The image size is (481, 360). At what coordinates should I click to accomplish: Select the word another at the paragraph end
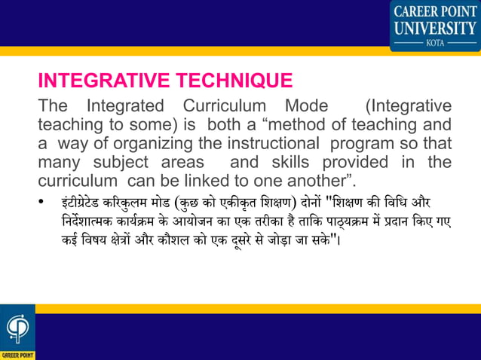326,182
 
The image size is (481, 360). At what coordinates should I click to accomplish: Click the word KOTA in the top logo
435,44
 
